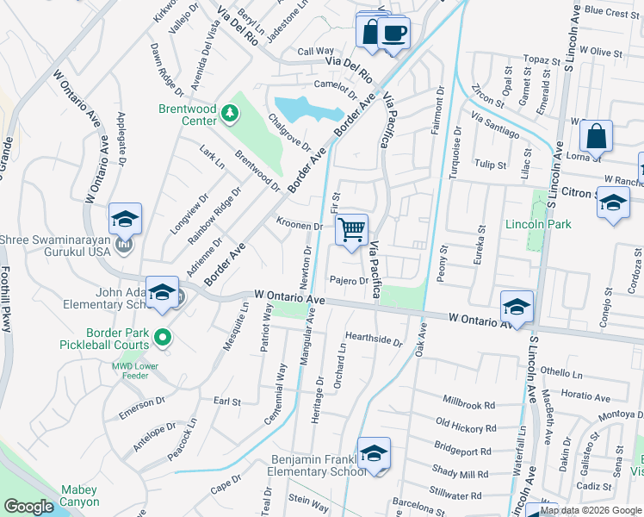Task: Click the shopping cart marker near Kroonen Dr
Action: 351,230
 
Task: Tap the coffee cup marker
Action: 393,34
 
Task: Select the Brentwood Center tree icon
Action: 229,112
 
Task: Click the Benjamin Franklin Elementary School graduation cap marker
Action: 374,453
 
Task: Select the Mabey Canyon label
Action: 79,495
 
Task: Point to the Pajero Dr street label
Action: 349,281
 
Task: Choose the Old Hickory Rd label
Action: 467,424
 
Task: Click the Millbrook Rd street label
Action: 469,403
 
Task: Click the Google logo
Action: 28,507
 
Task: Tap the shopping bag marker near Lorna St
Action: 596,136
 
